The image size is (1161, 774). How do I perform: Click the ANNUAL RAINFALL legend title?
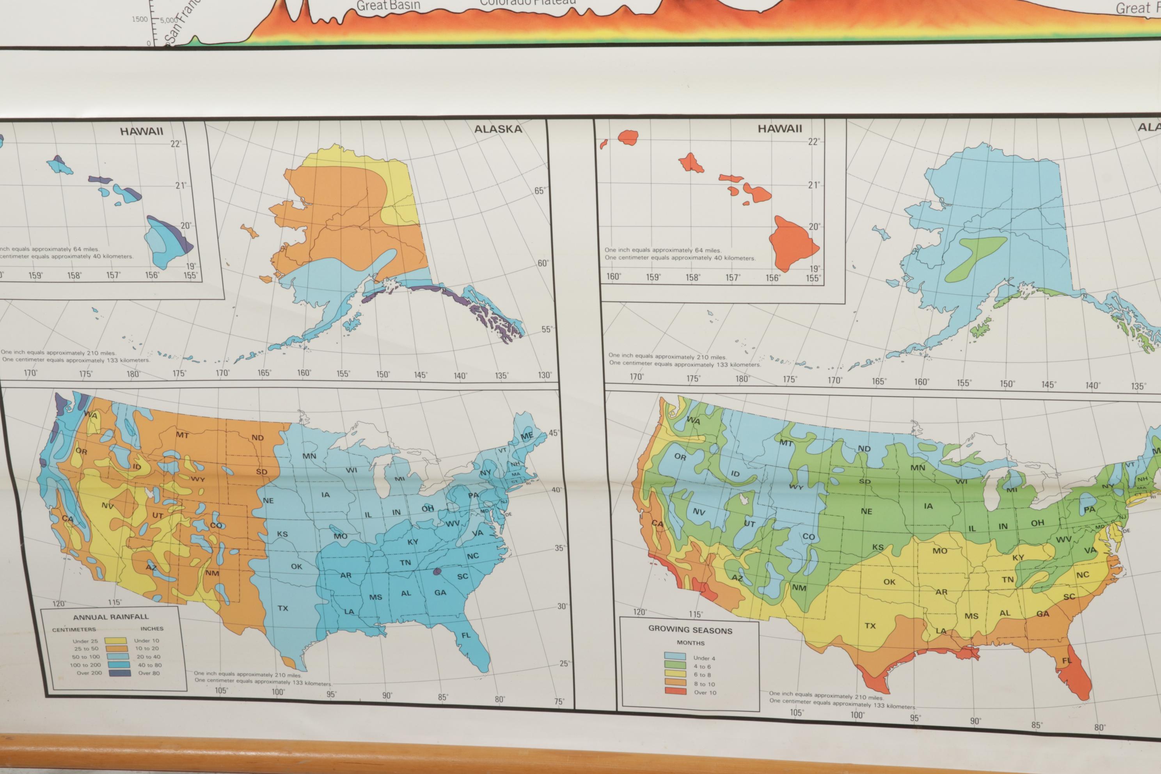coord(110,617)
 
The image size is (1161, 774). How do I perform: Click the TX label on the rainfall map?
coord(282,608)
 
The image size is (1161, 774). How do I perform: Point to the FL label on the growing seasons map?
coord(1067,660)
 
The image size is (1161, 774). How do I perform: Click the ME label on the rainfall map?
coord(527,436)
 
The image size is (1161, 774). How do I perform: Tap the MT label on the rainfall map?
coord(182,435)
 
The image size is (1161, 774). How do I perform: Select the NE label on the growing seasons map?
coord(866,511)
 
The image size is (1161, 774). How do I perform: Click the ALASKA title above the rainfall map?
coord(497,130)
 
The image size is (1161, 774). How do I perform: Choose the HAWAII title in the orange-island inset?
coord(779,129)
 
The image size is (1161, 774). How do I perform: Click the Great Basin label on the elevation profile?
coord(388,6)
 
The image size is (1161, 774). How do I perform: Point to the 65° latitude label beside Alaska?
coord(540,191)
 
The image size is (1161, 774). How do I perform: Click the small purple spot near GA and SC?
coord(437,572)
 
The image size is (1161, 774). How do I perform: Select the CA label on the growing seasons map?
coord(657,524)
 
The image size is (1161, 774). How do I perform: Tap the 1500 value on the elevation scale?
coord(139,19)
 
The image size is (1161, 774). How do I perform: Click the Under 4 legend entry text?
coord(704,658)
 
